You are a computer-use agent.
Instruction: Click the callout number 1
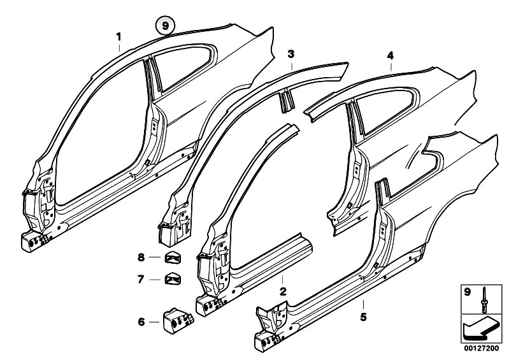coord(118,37)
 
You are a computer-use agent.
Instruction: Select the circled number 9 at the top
coord(166,27)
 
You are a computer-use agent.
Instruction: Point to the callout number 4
coord(391,56)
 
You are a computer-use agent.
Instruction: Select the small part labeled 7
coord(173,278)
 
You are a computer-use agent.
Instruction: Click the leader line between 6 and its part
coord(156,321)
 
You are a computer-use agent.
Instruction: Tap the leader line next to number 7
coord(156,278)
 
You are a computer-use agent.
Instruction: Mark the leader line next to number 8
coord(156,257)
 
